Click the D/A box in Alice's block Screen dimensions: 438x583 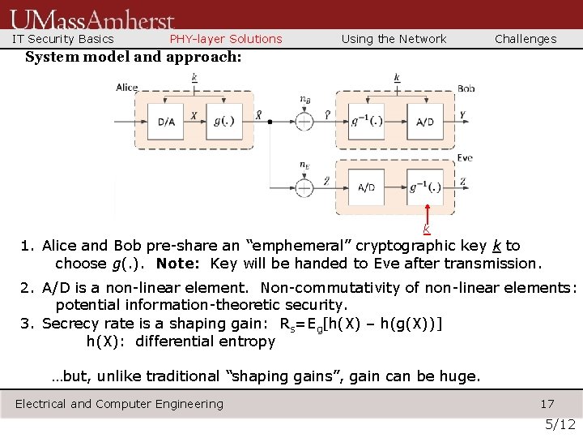pos(166,122)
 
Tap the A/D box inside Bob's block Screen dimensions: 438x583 pos(424,122)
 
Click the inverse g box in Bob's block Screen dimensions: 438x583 pos(361,122)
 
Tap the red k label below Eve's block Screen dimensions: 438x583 pos(426,230)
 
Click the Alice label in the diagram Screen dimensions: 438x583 pos(127,88)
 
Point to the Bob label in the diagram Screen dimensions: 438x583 pos(466,88)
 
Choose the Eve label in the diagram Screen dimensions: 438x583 pos(465,158)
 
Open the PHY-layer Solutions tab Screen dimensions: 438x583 pos(226,39)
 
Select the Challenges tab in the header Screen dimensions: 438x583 pos(526,39)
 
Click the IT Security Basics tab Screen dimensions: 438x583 pos(63,39)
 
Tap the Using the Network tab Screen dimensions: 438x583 pos(394,39)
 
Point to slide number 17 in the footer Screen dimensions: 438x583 pos(547,404)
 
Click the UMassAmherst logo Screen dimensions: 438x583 pos(92,18)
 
